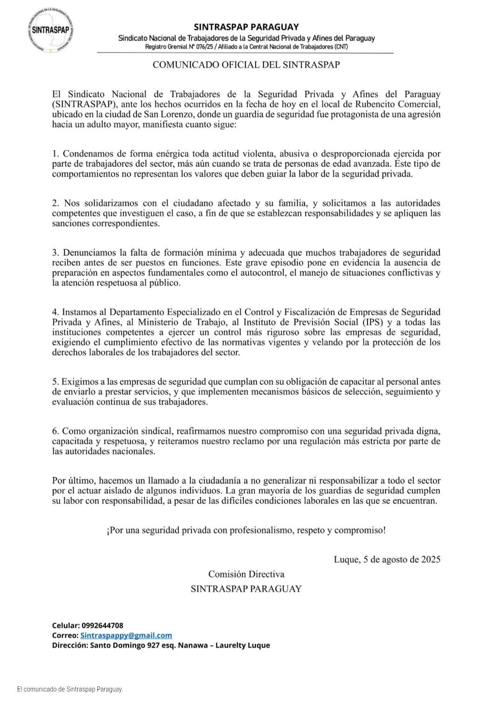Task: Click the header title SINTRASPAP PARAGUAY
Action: (x=246, y=27)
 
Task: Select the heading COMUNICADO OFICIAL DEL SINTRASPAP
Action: (x=246, y=65)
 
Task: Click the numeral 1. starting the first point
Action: (x=55, y=154)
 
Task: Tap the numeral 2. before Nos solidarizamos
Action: (x=56, y=203)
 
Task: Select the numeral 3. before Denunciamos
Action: (x=56, y=253)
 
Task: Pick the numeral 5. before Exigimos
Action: (x=55, y=382)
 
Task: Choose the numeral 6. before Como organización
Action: (x=55, y=431)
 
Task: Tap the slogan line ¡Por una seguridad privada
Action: (x=246, y=530)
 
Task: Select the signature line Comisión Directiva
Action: (x=246, y=574)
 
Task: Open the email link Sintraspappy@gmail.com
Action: (x=126, y=635)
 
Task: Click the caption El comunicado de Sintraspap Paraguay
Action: (x=70, y=689)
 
